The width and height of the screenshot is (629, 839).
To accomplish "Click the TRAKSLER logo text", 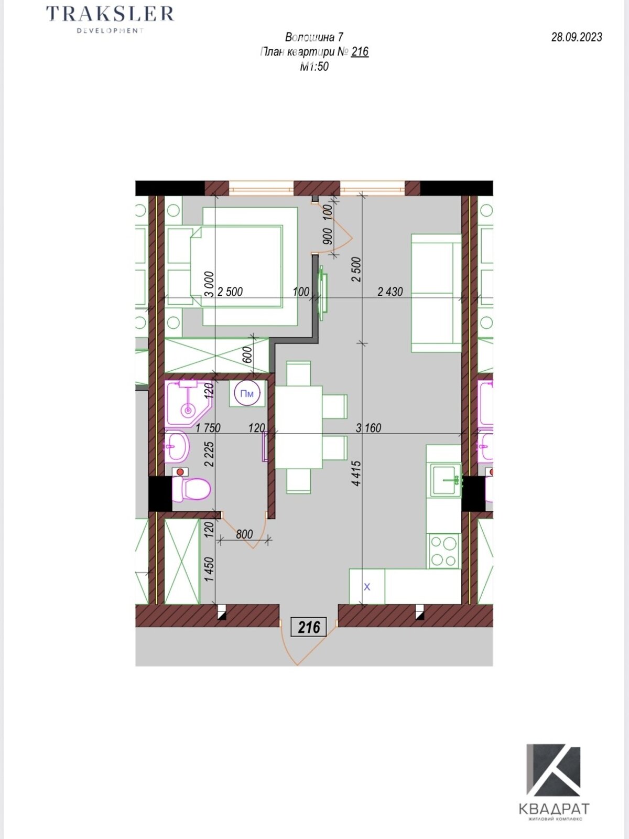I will point(110,14).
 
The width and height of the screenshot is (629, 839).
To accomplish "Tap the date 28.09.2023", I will point(577,37).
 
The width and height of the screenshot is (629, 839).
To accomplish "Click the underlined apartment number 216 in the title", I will point(360,51).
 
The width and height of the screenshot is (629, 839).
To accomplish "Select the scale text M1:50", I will point(314,67).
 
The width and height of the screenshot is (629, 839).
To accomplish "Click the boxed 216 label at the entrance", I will point(309,627).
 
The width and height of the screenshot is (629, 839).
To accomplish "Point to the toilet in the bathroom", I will point(192,489).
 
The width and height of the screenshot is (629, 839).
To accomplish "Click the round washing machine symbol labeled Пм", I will point(247,394).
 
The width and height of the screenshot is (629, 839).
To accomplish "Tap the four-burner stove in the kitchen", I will point(444,551).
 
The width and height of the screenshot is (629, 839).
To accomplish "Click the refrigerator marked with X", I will point(367,587).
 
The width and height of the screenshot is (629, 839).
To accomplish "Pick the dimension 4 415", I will point(356,474).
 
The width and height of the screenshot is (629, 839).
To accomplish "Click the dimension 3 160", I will point(368,428).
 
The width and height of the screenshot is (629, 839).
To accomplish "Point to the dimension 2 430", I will point(391,292).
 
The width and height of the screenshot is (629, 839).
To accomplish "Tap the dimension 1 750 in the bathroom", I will point(208,428).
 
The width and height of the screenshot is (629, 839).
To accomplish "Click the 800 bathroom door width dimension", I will point(244,534).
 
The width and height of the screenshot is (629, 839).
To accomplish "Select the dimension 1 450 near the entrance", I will point(210,569).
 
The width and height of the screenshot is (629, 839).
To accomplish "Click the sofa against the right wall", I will point(436,293).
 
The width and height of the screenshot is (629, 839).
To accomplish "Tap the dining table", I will point(299,427).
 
